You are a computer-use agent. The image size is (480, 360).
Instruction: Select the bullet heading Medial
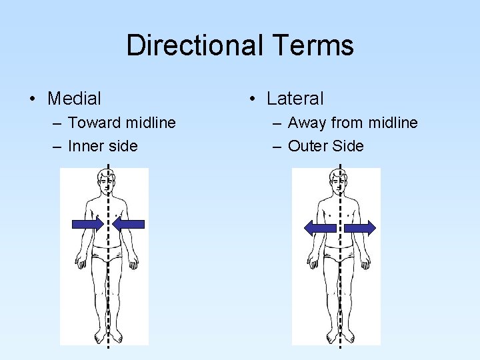pyautogui.click(x=75, y=99)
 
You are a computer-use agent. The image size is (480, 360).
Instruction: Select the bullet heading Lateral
pyautogui.click(x=295, y=99)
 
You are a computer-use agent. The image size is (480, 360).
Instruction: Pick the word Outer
pyautogui.click(x=308, y=146)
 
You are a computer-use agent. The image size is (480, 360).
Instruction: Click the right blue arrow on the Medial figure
pyautogui.click(x=129, y=225)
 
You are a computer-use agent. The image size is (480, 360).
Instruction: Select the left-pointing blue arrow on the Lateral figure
pyautogui.click(x=319, y=227)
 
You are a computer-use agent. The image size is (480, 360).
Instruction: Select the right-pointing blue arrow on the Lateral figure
pyautogui.click(x=360, y=227)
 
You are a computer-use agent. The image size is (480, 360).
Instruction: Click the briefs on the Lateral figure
pyautogui.click(x=339, y=253)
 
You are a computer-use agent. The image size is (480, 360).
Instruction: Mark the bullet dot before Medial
pyautogui.click(x=32, y=99)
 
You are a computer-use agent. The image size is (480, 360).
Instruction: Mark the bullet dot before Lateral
pyautogui.click(x=251, y=99)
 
